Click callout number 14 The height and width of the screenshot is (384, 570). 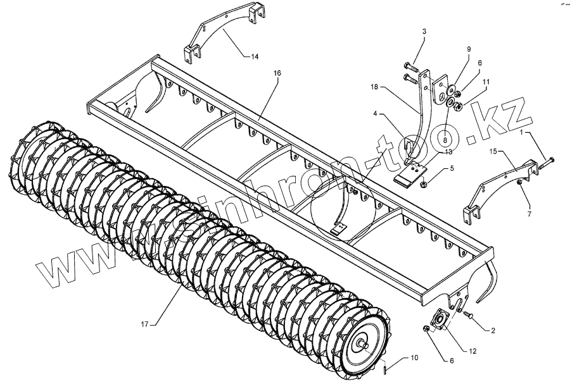click(x=254, y=57)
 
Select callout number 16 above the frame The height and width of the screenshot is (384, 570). click(x=259, y=73)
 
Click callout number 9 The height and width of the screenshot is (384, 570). click(x=469, y=49)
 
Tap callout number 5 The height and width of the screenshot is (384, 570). click(x=452, y=168)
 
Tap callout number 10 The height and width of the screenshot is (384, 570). click(x=414, y=358)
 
